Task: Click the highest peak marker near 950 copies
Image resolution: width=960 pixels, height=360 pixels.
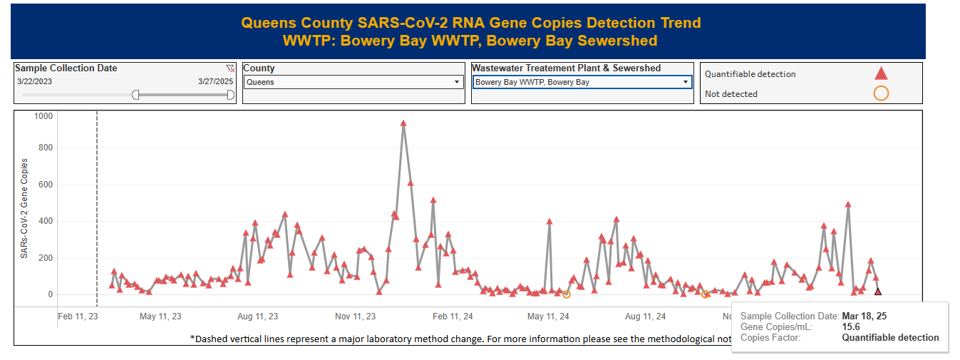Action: pyautogui.click(x=403, y=123)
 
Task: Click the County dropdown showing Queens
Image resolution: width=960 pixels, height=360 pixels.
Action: pyautogui.click(x=353, y=82)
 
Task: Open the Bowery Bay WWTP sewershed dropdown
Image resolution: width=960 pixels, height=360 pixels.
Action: pyautogui.click(x=582, y=82)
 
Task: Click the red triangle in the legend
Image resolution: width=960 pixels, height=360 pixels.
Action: pyautogui.click(x=881, y=73)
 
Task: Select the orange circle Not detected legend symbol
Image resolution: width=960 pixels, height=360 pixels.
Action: pyautogui.click(x=881, y=93)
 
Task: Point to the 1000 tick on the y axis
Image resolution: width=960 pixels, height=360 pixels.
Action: pyautogui.click(x=43, y=115)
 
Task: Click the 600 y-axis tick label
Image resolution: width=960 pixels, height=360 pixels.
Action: pyautogui.click(x=46, y=185)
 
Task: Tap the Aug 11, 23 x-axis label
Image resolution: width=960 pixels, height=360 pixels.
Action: pyautogui.click(x=257, y=317)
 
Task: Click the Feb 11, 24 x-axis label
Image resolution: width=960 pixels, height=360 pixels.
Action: pyautogui.click(x=453, y=317)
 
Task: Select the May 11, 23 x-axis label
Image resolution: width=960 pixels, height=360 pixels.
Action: pyautogui.click(x=160, y=317)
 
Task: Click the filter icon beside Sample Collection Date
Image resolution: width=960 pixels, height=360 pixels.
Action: pyautogui.click(x=230, y=68)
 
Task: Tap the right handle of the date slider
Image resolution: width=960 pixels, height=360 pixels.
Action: pyautogui.click(x=230, y=95)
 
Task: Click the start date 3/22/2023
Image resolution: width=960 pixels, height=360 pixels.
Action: pyautogui.click(x=35, y=81)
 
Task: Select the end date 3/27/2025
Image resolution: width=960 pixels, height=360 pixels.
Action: pyautogui.click(x=215, y=81)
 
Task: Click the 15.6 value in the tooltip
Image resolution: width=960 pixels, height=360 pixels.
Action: pyautogui.click(x=851, y=326)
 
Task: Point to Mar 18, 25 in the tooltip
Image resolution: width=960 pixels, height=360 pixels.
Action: pyautogui.click(x=864, y=316)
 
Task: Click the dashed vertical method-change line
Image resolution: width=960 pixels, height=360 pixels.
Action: pyautogui.click(x=97, y=214)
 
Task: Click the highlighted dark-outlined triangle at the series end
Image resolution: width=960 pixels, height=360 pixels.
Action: pyautogui.click(x=878, y=292)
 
